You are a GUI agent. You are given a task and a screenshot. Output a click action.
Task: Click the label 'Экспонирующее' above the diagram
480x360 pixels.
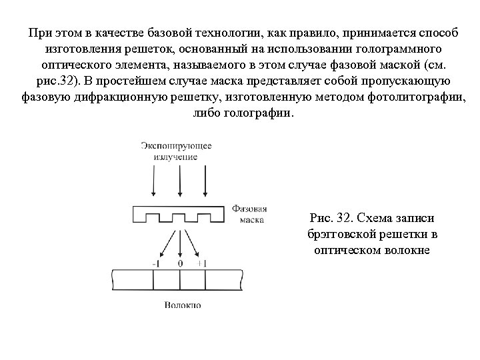coord(177,145)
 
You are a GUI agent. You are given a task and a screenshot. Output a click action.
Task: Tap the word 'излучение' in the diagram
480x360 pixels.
coord(177,157)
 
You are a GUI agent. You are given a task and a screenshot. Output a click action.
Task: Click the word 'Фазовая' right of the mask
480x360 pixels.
coord(250,208)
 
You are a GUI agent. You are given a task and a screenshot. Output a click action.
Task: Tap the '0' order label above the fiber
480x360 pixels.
coord(180,263)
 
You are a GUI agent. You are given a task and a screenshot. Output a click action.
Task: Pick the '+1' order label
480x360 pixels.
coord(202,263)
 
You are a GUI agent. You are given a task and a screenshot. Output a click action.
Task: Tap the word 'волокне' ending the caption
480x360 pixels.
coord(411,251)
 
